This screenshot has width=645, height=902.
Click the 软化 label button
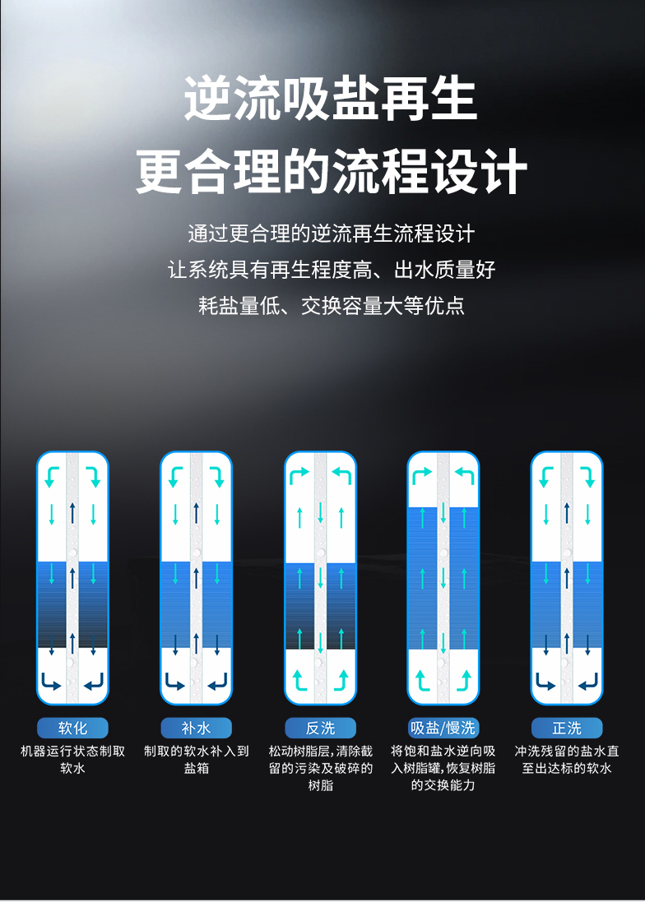click(x=72, y=729)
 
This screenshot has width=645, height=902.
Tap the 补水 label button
click(x=196, y=729)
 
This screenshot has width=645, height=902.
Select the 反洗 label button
click(x=320, y=729)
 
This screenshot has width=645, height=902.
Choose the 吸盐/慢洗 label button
click(x=443, y=729)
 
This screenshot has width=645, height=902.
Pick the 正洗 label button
click(x=567, y=729)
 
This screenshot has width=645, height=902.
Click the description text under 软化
click(x=72, y=760)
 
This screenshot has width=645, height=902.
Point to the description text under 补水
click(x=196, y=760)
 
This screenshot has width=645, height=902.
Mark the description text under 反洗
click(x=320, y=768)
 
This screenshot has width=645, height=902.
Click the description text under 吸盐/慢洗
click(x=443, y=768)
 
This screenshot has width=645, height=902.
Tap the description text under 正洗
click(x=567, y=760)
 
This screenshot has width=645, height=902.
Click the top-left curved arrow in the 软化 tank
click(x=52, y=475)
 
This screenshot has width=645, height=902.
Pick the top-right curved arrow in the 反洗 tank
click(x=341, y=475)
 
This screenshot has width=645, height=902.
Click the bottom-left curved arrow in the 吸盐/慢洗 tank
click(x=422, y=680)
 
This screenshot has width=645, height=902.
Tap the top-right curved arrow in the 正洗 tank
click(x=587, y=475)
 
